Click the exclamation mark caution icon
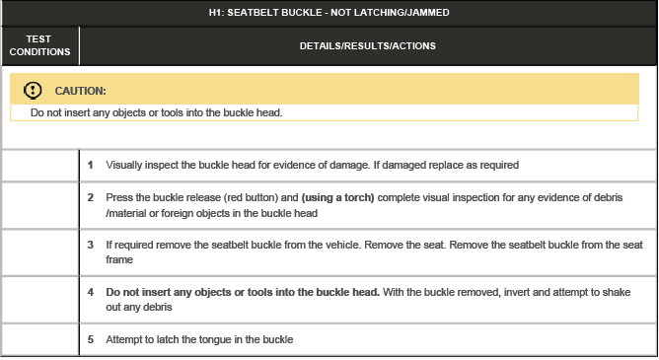pyautogui.click(x=32, y=90)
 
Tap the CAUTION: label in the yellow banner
pyautogui.click(x=80, y=91)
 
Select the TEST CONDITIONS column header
pyautogui.click(x=39, y=45)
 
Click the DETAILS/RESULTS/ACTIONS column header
pyautogui.click(x=367, y=45)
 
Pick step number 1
pyautogui.click(x=90, y=165)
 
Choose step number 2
pyautogui.click(x=90, y=197)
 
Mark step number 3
pyautogui.click(x=90, y=244)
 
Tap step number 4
pyautogui.click(x=90, y=293)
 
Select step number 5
pyautogui.click(x=90, y=339)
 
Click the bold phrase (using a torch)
pyautogui.click(x=338, y=197)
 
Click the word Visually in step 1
pyautogui.click(x=124, y=165)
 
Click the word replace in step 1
pyautogui.click(x=451, y=165)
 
